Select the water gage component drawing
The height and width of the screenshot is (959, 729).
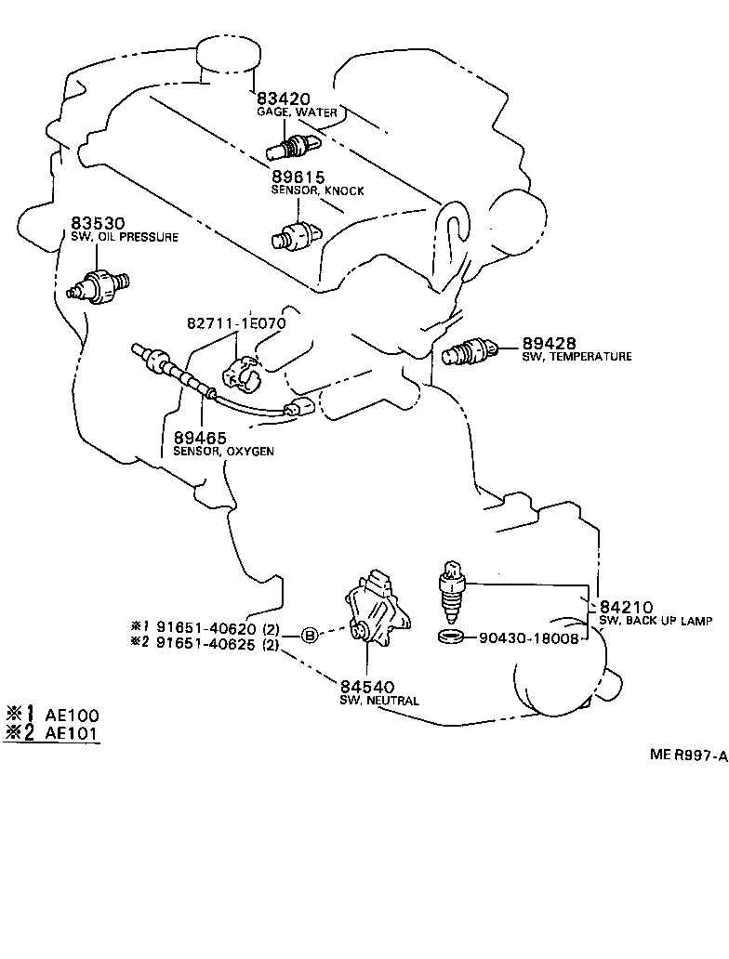pyautogui.click(x=292, y=145)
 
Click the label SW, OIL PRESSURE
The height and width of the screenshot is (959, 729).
pyautogui.click(x=124, y=238)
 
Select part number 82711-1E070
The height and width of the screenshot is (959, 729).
pyautogui.click(x=236, y=323)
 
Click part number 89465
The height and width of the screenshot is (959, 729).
pyautogui.click(x=199, y=437)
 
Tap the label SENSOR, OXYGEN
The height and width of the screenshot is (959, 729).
pyautogui.click(x=222, y=452)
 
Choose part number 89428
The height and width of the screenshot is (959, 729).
pyautogui.click(x=550, y=343)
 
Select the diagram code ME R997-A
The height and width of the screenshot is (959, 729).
pyautogui.click(x=687, y=755)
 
